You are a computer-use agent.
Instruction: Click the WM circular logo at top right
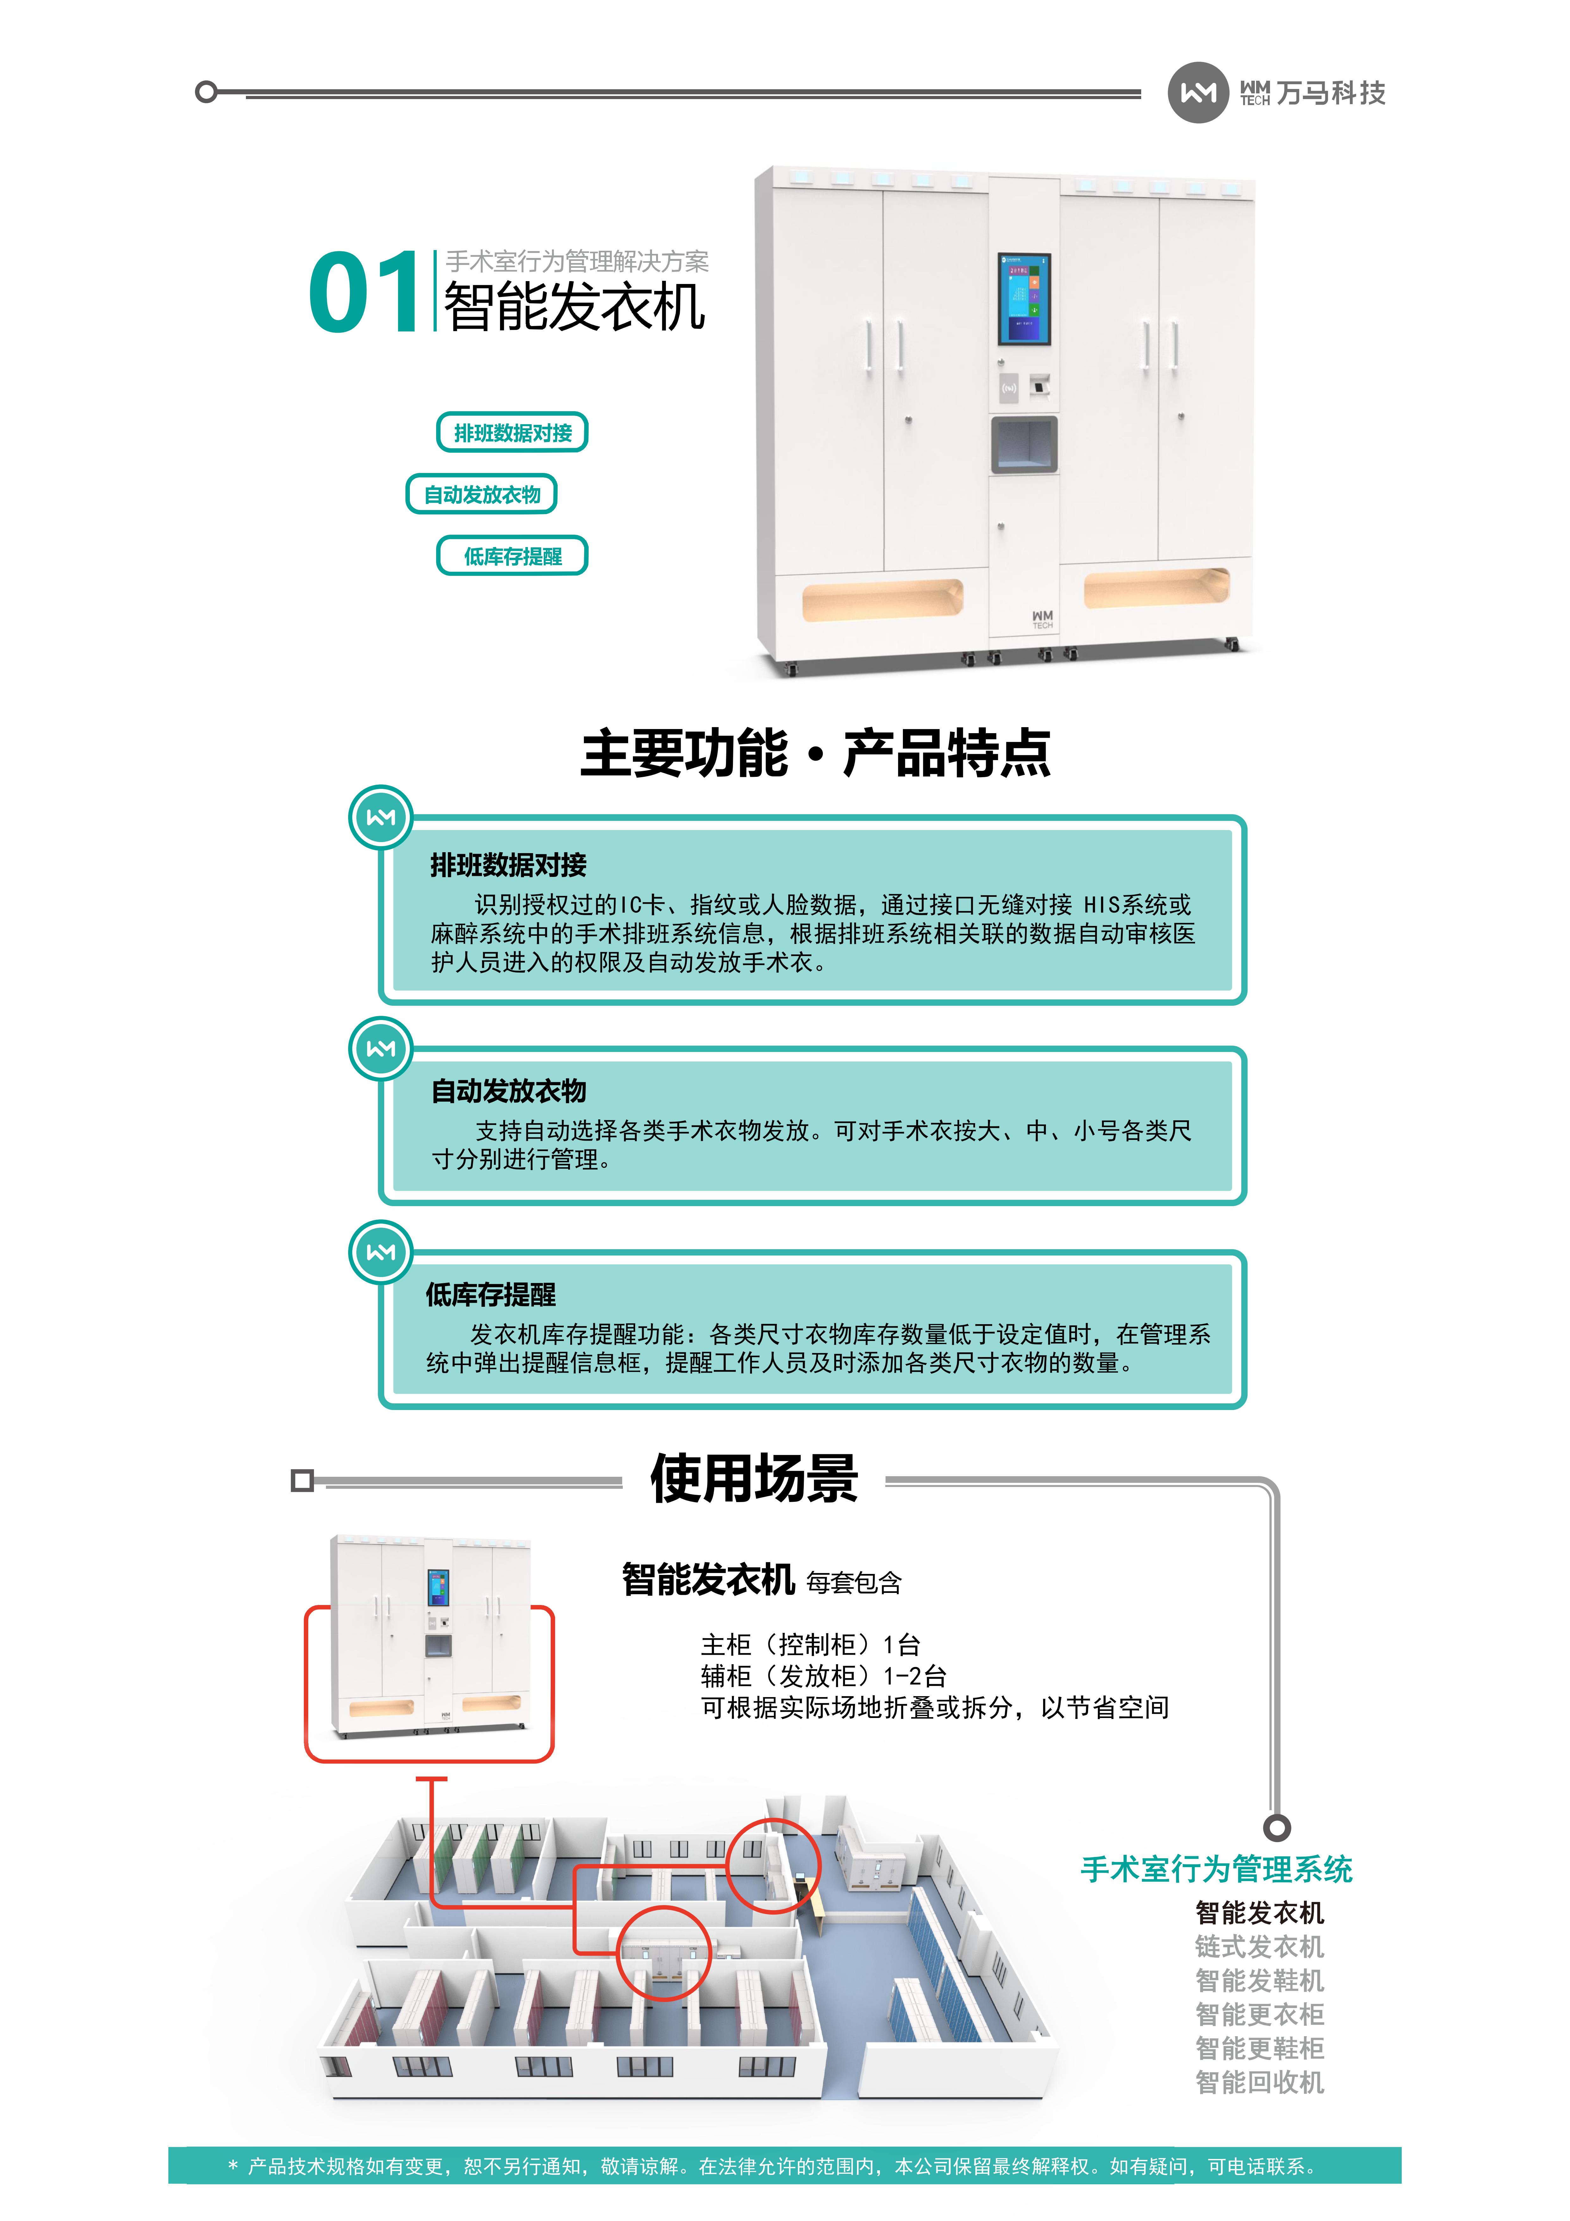tap(1198, 93)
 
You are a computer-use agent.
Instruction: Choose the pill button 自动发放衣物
tap(482, 494)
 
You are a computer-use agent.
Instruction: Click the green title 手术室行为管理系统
tap(1216, 1869)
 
